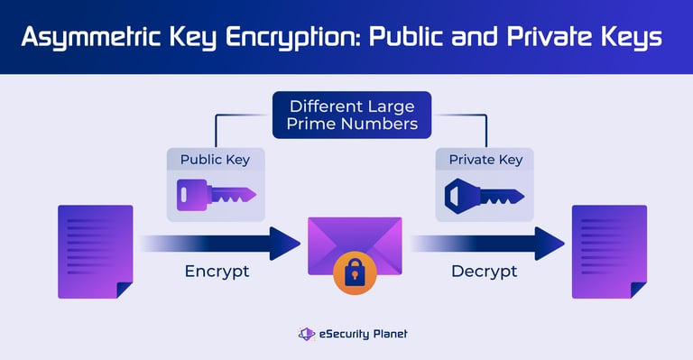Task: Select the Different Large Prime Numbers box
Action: tap(352, 115)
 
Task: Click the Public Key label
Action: tap(216, 160)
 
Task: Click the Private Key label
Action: tap(485, 160)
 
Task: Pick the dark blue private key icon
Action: tap(485, 195)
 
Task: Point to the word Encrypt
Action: tap(217, 272)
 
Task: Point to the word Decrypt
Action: tap(485, 272)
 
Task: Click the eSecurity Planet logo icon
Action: tap(307, 334)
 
